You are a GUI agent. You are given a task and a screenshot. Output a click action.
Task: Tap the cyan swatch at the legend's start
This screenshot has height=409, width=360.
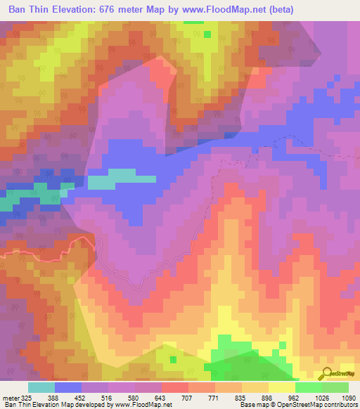click(x=41, y=387)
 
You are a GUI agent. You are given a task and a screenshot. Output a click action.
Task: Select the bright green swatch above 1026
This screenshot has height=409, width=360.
click(x=309, y=387)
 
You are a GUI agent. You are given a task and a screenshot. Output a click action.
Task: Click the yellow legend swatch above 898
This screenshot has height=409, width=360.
click(x=282, y=387)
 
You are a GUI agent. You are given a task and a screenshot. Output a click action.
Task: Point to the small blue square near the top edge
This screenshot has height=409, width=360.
click(x=207, y=33)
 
